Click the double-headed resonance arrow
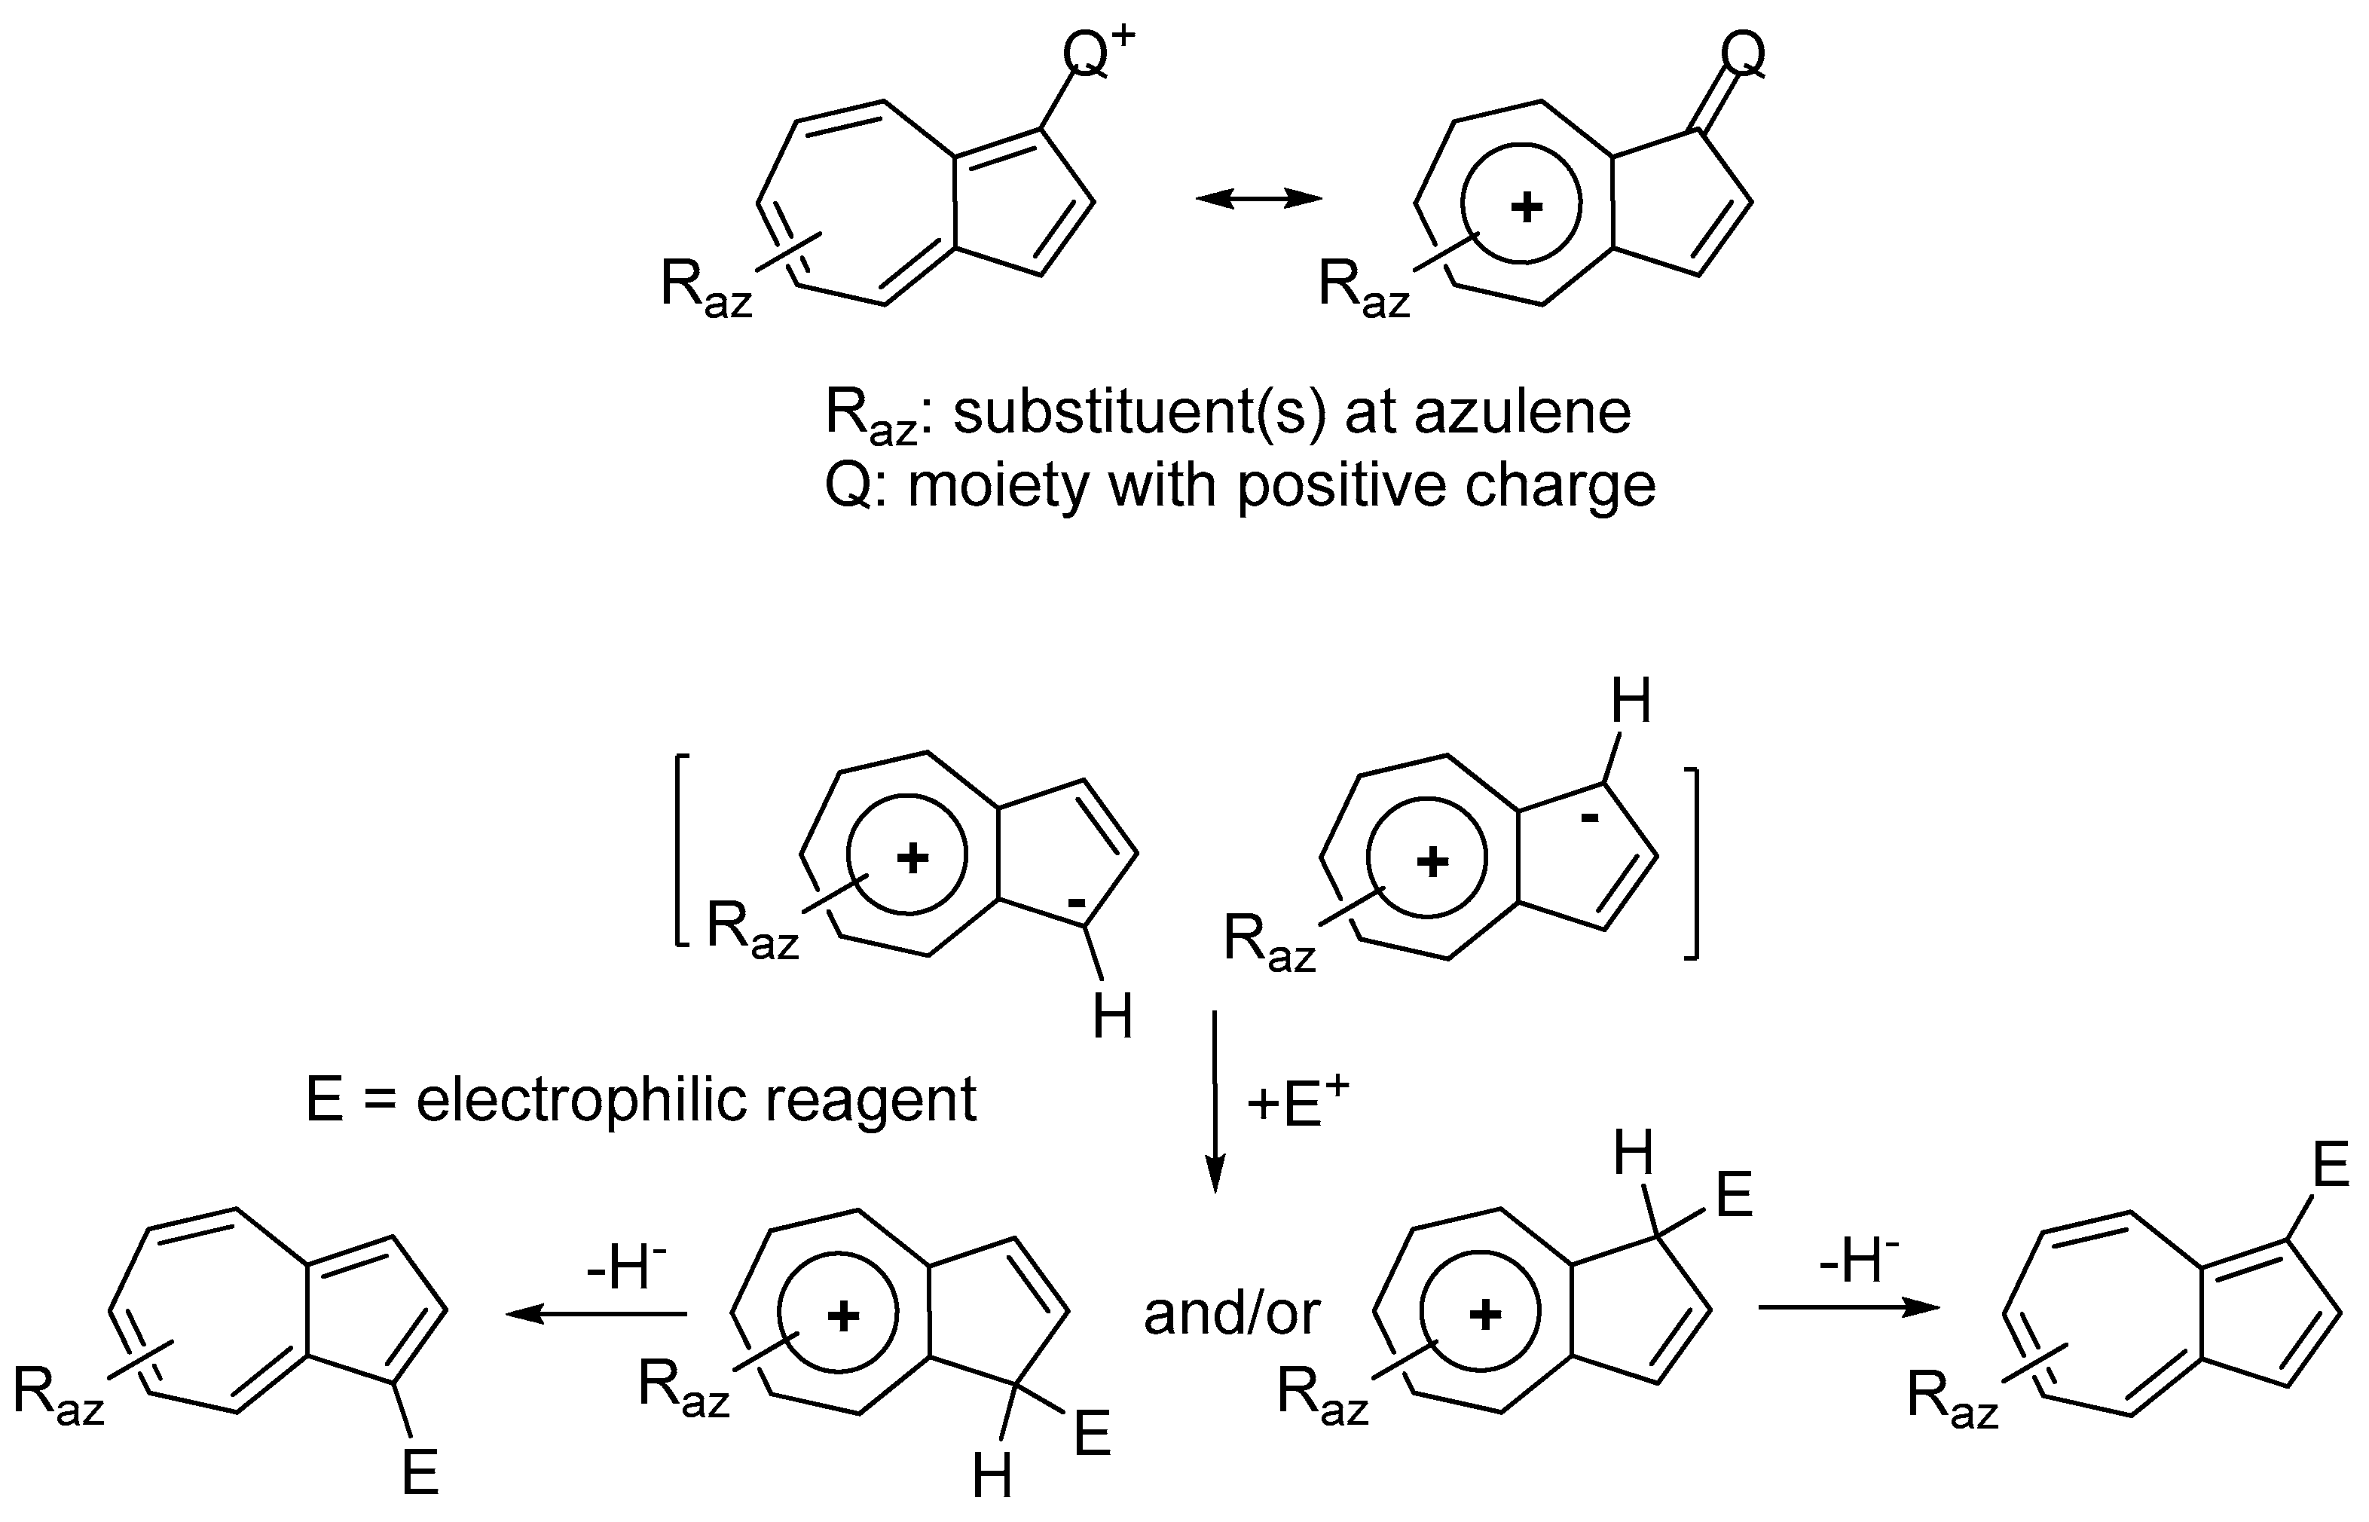(1258, 199)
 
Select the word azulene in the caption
(1522, 412)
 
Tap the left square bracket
(680, 851)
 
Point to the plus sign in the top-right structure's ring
(1527, 207)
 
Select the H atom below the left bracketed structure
(1112, 1017)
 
